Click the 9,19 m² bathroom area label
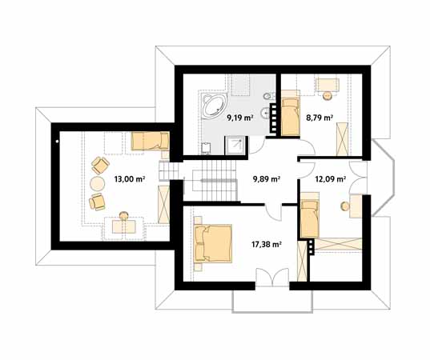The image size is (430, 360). tap(239, 118)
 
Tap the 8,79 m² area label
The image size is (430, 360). tap(319, 118)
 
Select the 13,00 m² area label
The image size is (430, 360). tap(130, 179)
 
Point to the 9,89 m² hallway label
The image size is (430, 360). tap(266, 179)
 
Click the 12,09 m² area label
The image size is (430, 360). tap(331, 179)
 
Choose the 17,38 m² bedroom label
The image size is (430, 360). tap(267, 244)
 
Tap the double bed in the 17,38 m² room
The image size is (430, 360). tap(213, 243)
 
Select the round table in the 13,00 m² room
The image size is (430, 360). tap(97, 183)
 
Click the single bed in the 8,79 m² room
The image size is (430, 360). tap(290, 117)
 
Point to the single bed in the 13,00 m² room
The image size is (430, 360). tap(151, 142)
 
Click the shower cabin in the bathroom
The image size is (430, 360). tap(235, 146)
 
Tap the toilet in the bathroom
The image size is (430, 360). tap(267, 97)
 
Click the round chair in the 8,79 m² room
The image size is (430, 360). tap(328, 95)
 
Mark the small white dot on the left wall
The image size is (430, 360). tap(57, 142)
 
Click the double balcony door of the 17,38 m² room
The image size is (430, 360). tap(272, 278)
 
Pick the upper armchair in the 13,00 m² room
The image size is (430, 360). tap(100, 166)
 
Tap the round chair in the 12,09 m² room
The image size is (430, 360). tap(344, 206)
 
